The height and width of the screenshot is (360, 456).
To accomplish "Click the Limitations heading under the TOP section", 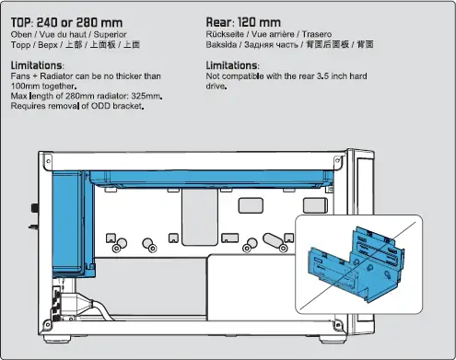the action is click(x=37, y=66).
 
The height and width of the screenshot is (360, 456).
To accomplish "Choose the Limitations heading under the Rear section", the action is click(x=232, y=66).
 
